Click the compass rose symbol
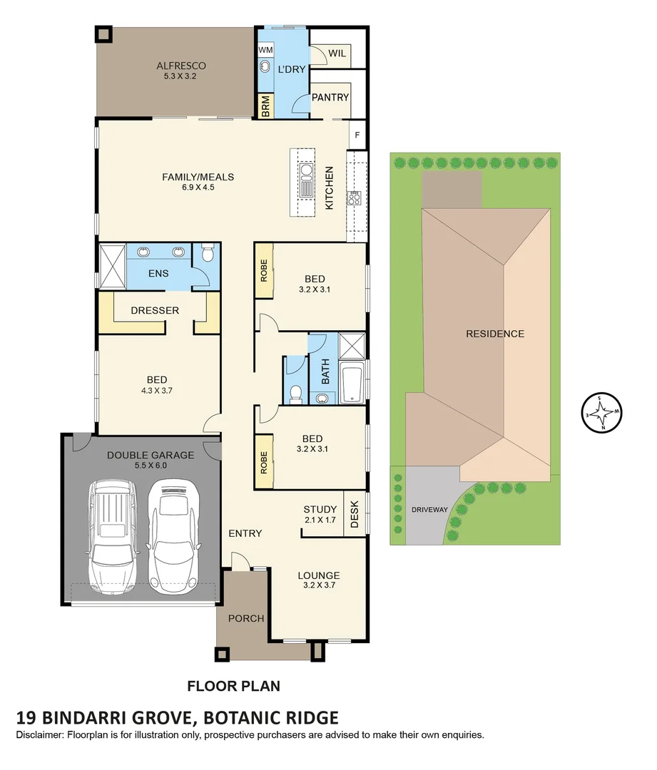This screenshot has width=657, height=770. [x=601, y=413]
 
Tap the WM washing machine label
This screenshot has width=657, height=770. [x=266, y=50]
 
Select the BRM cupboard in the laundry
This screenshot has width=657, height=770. [x=266, y=106]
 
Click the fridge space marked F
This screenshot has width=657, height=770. [x=357, y=135]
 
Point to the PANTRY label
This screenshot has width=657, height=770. [x=330, y=97]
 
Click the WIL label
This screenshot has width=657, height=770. [x=337, y=53]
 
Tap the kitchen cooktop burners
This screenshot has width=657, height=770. [x=354, y=198]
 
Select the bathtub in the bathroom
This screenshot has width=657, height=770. [x=352, y=383]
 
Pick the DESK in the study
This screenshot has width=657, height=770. [x=355, y=514]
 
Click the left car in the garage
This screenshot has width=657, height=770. [x=113, y=538]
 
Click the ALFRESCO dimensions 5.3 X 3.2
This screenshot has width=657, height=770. [x=180, y=76]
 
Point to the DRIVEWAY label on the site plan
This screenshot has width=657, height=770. [x=429, y=510]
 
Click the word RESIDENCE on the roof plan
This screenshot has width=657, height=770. [x=495, y=334]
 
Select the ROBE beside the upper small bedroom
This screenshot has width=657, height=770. [x=264, y=270]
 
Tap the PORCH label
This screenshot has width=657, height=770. [x=246, y=619]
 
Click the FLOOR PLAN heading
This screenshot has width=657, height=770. [x=234, y=686]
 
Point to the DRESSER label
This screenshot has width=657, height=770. [x=155, y=310]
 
